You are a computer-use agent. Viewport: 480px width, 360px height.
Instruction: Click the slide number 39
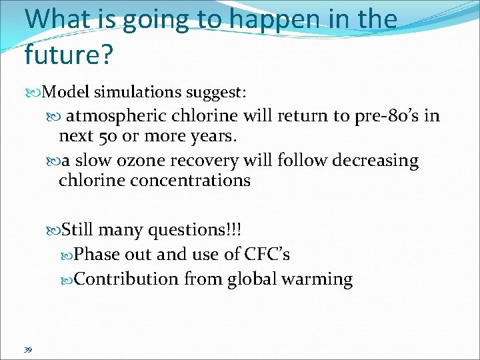[28, 350]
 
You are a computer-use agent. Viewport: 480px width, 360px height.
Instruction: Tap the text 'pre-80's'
[387, 116]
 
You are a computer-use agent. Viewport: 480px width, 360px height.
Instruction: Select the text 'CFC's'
[267, 255]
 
